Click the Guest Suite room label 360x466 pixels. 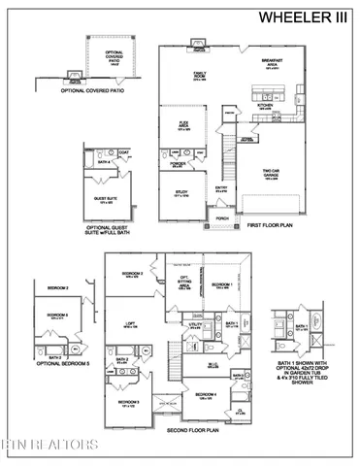click(104, 200)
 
